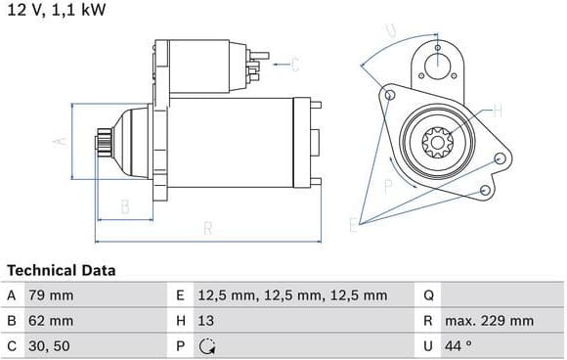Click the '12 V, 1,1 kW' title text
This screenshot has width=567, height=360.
(57, 10)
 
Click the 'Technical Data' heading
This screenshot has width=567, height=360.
(62, 270)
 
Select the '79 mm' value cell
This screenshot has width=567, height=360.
(51, 295)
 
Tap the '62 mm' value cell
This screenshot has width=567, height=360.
(51, 321)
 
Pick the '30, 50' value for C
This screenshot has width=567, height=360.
(49, 346)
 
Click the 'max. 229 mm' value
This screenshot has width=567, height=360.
(489, 321)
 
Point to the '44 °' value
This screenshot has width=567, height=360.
(458, 346)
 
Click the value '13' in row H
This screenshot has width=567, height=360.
(205, 321)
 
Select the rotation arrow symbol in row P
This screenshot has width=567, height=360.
(207, 346)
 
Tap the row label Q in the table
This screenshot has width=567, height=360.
(428, 295)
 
